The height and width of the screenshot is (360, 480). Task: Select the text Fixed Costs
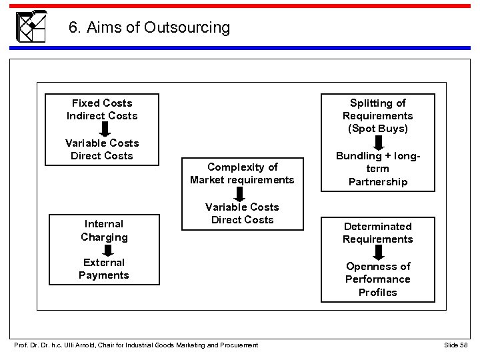pos(102,103)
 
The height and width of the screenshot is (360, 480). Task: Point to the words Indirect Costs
pos(102,116)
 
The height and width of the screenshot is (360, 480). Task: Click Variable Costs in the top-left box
pos(102,143)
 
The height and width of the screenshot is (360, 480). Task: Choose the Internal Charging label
pos(104,231)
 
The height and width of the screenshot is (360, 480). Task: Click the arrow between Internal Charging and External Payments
pos(104,249)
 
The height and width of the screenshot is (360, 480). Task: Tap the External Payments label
pos(104,269)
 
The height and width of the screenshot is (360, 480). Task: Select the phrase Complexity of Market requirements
pos(242,173)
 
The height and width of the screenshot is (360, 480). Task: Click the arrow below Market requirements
pos(242,194)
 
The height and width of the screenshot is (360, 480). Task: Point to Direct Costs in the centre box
pos(242,220)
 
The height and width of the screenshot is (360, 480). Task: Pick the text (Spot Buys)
pos(377,129)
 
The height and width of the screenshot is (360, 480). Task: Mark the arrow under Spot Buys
pos(377,143)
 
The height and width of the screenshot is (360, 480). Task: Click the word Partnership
pos(377,182)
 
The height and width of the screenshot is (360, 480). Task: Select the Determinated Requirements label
pos(377,233)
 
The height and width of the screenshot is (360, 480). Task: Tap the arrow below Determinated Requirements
pos(377,251)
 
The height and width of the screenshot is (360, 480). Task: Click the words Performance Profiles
pos(377,285)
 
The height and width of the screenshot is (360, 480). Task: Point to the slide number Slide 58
pos(457,344)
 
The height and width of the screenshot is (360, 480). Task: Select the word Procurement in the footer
pos(235,344)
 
